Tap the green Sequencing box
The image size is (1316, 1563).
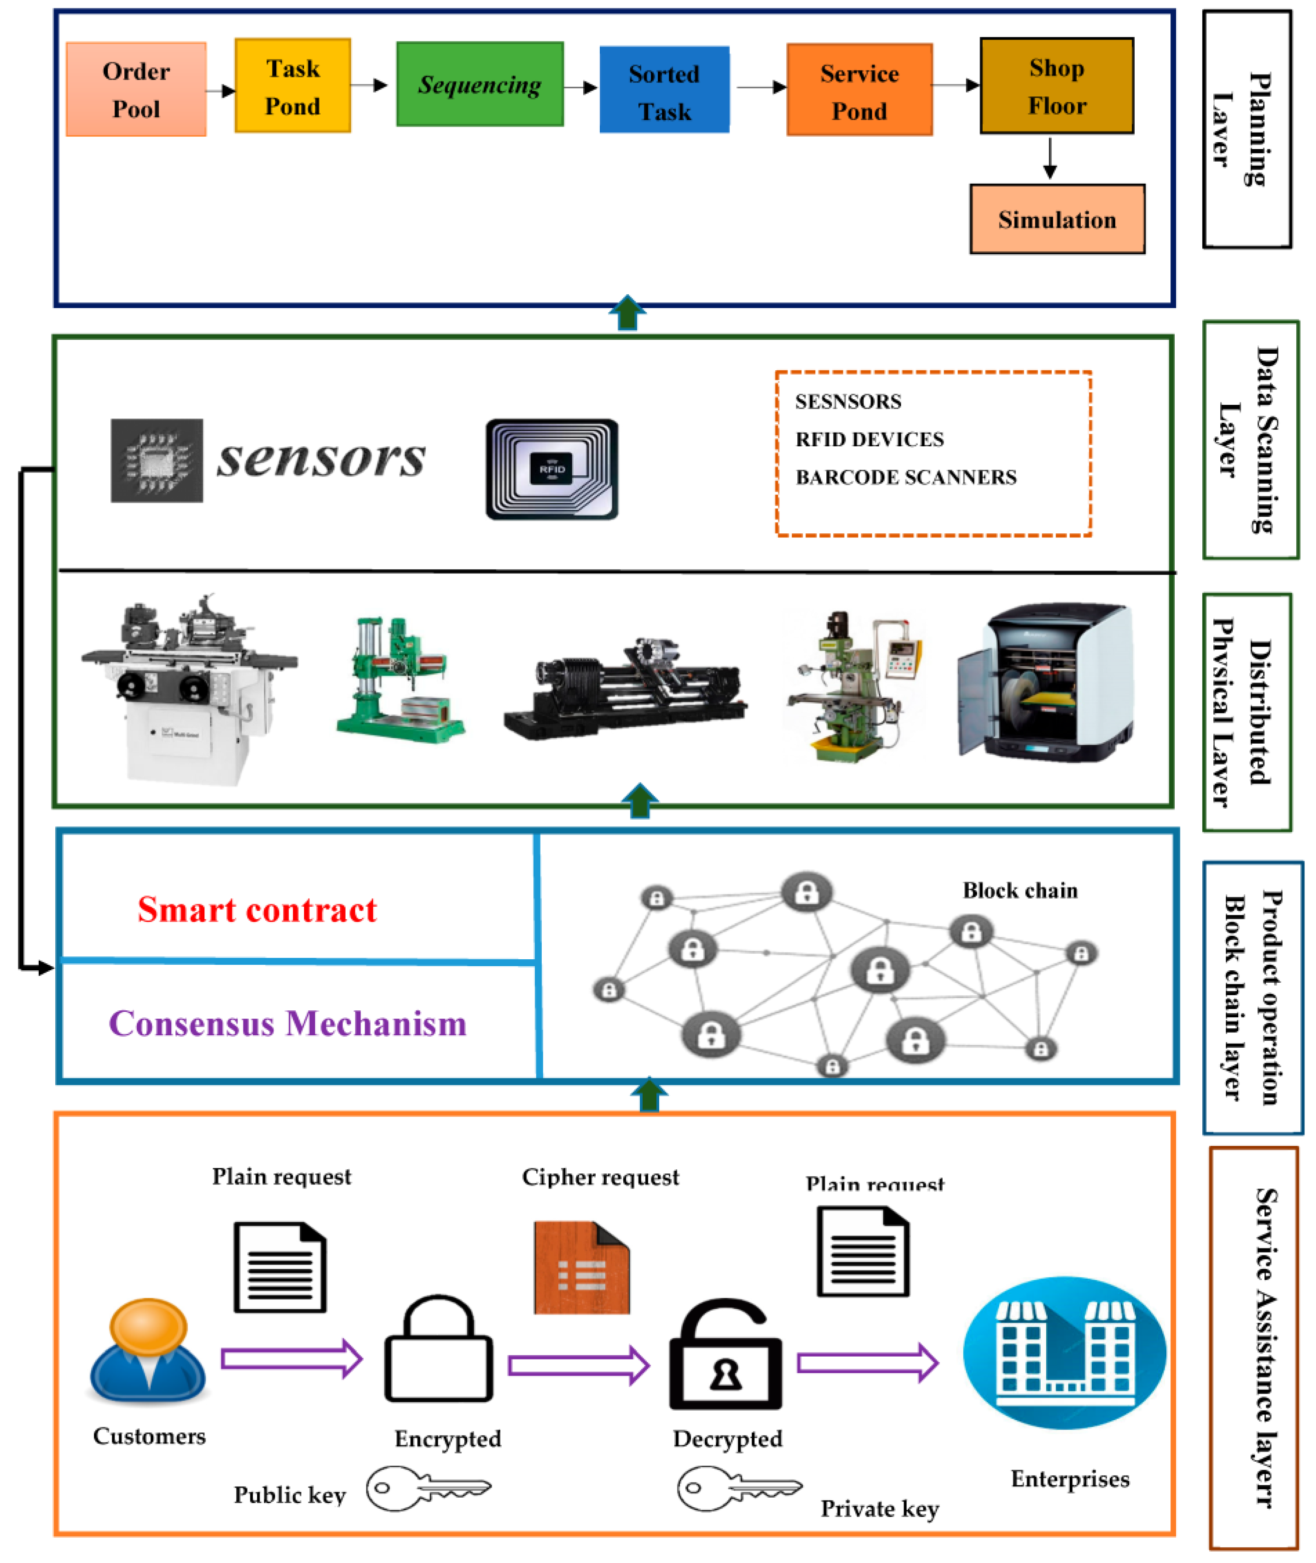[480, 84]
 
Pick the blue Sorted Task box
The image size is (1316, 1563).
[664, 90]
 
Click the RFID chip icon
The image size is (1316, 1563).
[551, 469]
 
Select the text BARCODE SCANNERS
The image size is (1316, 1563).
[906, 477]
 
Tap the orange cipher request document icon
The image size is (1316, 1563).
[581, 1267]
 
